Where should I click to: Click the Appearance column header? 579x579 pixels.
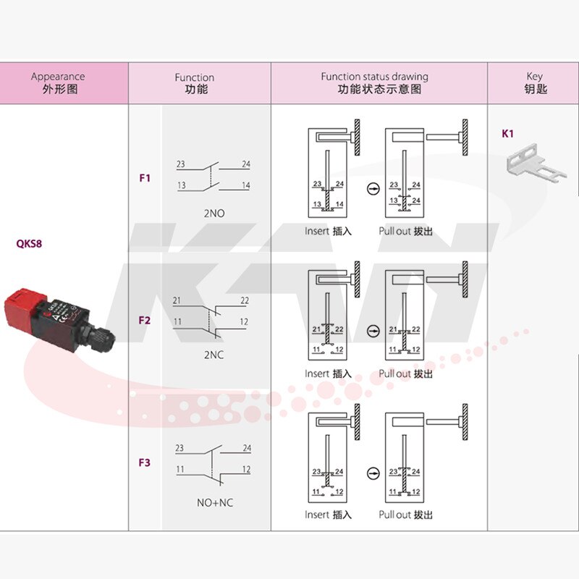tap(58, 83)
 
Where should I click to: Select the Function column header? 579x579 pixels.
tap(194, 83)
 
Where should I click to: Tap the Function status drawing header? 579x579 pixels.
tap(375, 83)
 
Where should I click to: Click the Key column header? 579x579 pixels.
tap(534, 83)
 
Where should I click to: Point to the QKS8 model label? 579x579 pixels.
tap(29, 244)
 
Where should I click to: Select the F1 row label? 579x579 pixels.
tap(145, 177)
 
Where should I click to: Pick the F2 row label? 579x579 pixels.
tap(145, 319)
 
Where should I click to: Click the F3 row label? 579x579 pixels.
tap(145, 462)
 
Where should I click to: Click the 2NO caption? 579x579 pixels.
tap(215, 214)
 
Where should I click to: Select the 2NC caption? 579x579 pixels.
tap(215, 355)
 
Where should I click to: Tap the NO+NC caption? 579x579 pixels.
tap(215, 502)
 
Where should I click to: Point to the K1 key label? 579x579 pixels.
tap(507, 134)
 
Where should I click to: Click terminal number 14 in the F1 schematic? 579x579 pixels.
tap(246, 186)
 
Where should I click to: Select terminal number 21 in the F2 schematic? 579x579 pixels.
tap(177, 300)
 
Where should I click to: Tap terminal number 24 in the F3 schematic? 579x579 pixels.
tap(247, 448)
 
